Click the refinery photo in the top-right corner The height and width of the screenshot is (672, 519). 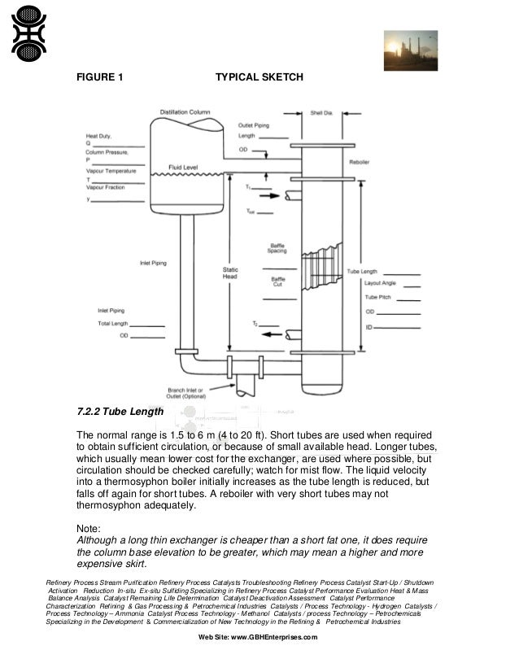pos(411,50)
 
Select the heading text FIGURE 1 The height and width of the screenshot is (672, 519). pos(99,78)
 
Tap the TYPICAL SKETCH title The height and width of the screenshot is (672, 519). pos(259,78)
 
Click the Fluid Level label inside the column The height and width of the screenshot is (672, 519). pos(183,167)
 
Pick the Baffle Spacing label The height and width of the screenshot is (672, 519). pos(277,248)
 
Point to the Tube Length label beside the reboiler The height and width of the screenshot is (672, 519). pos(362,271)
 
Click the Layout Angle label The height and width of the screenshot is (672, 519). pos(379,283)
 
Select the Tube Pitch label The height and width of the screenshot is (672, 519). pos(376,297)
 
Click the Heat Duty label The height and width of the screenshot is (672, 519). pos(98,136)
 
